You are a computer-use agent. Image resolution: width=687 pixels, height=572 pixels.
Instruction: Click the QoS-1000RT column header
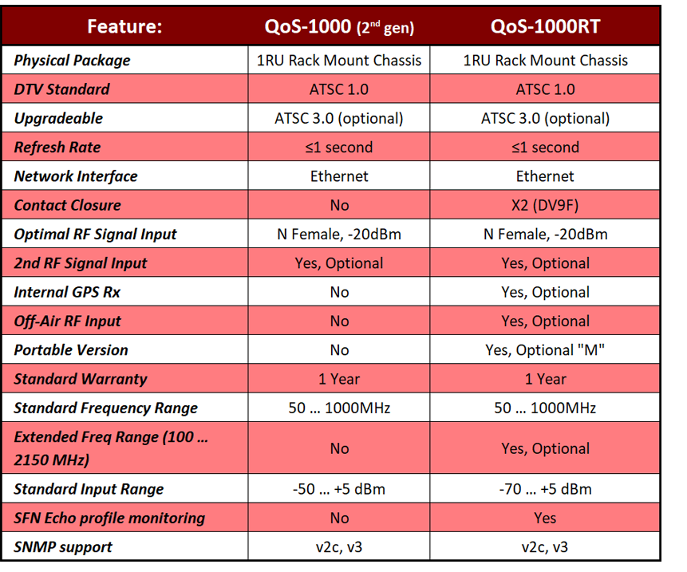pos(545,26)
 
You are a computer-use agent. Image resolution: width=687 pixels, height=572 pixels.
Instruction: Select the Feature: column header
pos(124,26)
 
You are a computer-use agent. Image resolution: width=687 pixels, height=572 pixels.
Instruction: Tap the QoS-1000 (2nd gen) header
pos(339,27)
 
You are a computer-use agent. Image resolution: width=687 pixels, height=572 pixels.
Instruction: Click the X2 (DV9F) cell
pos(545,205)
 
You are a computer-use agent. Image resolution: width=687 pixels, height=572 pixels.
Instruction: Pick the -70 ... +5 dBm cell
pos(545,489)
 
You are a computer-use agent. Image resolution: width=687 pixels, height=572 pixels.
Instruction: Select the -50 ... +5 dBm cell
pos(339,489)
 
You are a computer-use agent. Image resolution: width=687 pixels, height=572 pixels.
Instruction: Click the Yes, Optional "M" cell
pos(545,350)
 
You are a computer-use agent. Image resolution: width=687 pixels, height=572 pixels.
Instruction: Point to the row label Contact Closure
pos(68,205)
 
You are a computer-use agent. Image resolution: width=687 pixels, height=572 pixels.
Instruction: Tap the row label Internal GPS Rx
pos(67,292)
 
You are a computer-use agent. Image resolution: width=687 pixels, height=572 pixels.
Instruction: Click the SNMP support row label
pos(63,547)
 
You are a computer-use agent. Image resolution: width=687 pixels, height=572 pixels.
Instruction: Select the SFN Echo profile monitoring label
pos(109,518)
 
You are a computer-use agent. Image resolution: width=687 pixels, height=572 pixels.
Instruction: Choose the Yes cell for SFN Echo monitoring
pos(545,518)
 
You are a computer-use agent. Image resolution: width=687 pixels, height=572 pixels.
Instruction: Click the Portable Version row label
pos(71,350)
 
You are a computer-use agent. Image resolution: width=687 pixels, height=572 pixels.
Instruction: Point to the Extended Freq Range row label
pos(111,448)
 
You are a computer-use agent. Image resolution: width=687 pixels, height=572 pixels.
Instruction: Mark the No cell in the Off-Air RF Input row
pos(339,321)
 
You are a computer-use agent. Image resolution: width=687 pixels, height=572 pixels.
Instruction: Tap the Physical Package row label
pos(73,61)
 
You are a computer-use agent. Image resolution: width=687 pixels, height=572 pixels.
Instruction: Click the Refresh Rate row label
pos(57,147)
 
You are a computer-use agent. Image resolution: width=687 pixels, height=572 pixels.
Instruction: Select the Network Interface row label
pos(76,176)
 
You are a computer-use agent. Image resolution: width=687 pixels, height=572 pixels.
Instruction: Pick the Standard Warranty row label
pos(81,379)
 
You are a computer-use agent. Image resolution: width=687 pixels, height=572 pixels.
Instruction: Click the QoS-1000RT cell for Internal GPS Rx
pos(545,292)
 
